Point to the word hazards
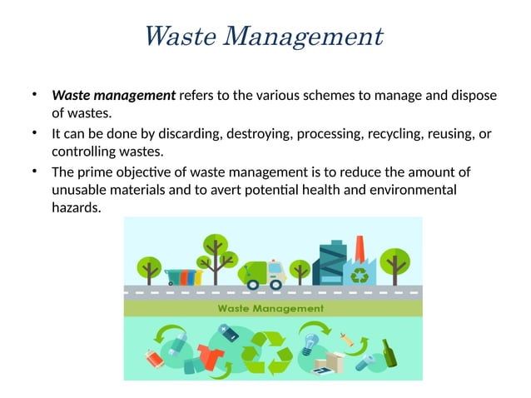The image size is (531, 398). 75,208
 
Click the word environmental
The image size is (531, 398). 408,190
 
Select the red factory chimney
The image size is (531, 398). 360,249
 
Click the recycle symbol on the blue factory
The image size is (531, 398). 361,274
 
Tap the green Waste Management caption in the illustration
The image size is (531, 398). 271,308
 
